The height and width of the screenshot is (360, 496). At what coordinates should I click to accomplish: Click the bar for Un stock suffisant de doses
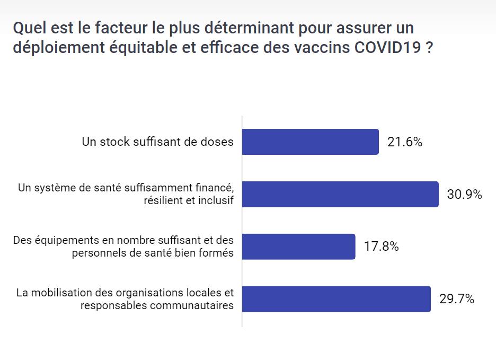point(310,142)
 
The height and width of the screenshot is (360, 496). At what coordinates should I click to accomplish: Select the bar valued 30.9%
point(340,194)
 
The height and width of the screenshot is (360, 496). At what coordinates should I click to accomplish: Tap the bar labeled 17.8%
point(298,247)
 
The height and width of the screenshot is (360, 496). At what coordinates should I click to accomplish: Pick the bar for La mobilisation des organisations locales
point(336,299)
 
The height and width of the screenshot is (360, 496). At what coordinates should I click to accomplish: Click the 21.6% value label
point(404,142)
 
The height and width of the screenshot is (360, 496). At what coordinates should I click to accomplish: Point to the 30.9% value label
point(464,195)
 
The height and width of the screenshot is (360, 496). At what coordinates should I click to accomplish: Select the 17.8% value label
point(381,247)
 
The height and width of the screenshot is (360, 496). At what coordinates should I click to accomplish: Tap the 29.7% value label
point(456,299)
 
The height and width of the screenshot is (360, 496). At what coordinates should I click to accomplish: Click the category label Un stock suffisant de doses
point(157,142)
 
